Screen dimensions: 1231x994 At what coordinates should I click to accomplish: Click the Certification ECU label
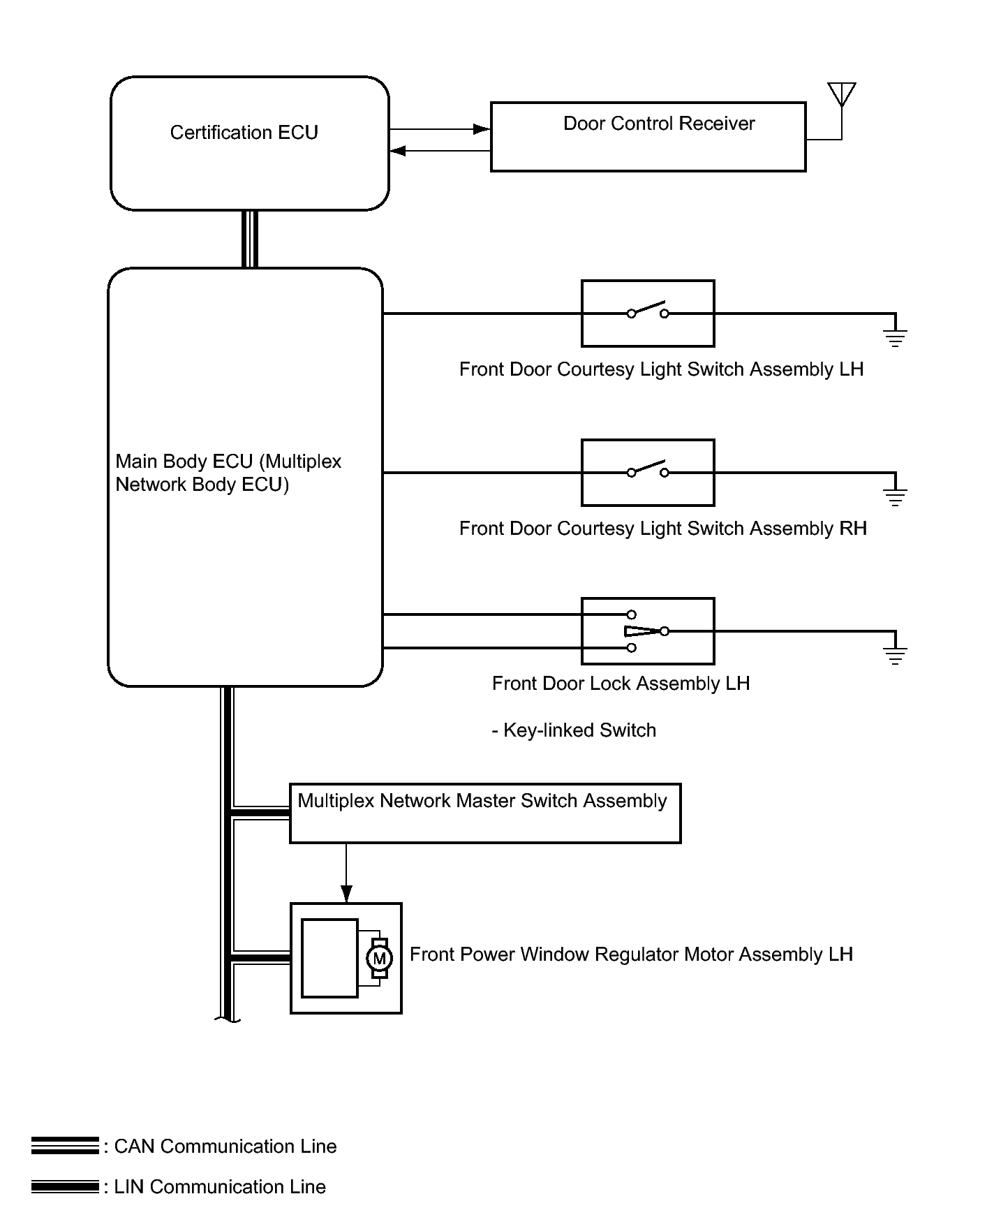(x=244, y=133)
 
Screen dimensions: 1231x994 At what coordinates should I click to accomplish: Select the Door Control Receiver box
(x=648, y=137)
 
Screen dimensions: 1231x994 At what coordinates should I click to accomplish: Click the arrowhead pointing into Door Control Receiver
(x=482, y=129)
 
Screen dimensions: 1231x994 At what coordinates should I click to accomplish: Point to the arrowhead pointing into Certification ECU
(x=398, y=150)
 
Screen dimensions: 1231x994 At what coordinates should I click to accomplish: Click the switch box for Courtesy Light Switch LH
(x=648, y=314)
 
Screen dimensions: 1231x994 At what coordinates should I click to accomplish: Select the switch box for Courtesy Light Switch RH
(x=648, y=473)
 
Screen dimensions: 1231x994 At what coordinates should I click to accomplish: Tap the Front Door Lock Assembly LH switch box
(x=648, y=631)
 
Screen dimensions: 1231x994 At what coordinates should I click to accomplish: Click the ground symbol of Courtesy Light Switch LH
(x=895, y=338)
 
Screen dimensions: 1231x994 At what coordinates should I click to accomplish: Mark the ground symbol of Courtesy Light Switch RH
(x=895, y=497)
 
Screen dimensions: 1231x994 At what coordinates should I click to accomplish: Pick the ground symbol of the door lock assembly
(x=895, y=656)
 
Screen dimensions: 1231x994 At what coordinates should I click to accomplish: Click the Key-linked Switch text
(x=574, y=730)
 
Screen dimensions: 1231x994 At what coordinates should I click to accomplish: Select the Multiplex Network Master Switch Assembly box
(x=485, y=813)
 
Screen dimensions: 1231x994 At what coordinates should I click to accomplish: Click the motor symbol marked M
(x=379, y=959)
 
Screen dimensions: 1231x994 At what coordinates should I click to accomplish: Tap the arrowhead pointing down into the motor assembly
(x=346, y=894)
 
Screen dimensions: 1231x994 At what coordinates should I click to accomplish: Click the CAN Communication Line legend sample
(x=65, y=1146)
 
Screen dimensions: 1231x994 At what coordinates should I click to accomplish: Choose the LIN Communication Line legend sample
(x=65, y=1186)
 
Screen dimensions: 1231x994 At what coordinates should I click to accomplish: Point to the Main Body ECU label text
(x=228, y=473)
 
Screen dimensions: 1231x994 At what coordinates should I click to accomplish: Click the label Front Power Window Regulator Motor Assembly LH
(x=631, y=954)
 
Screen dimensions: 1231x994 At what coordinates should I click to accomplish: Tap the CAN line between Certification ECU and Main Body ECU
(x=250, y=239)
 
